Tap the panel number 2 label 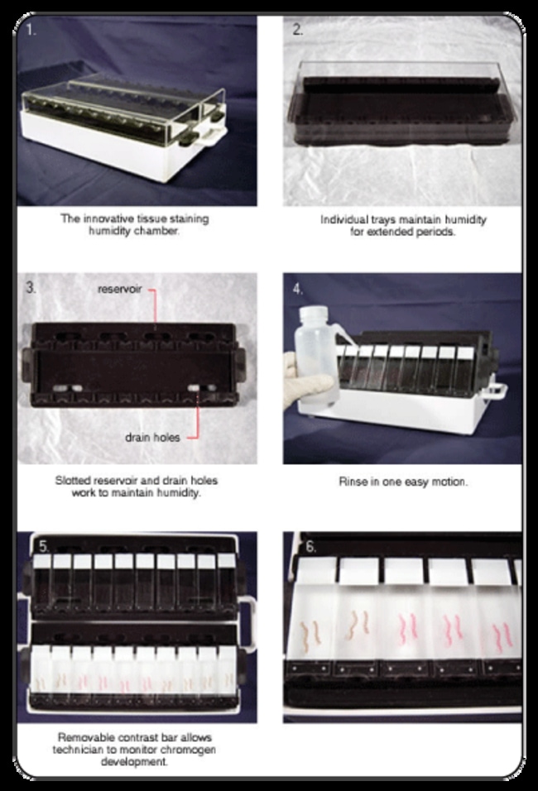coord(298,30)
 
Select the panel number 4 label coord(297,290)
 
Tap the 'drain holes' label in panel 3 coord(158,437)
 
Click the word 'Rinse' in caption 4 coord(353,481)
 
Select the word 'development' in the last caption coord(136,761)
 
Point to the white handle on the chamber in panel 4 coord(500,389)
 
